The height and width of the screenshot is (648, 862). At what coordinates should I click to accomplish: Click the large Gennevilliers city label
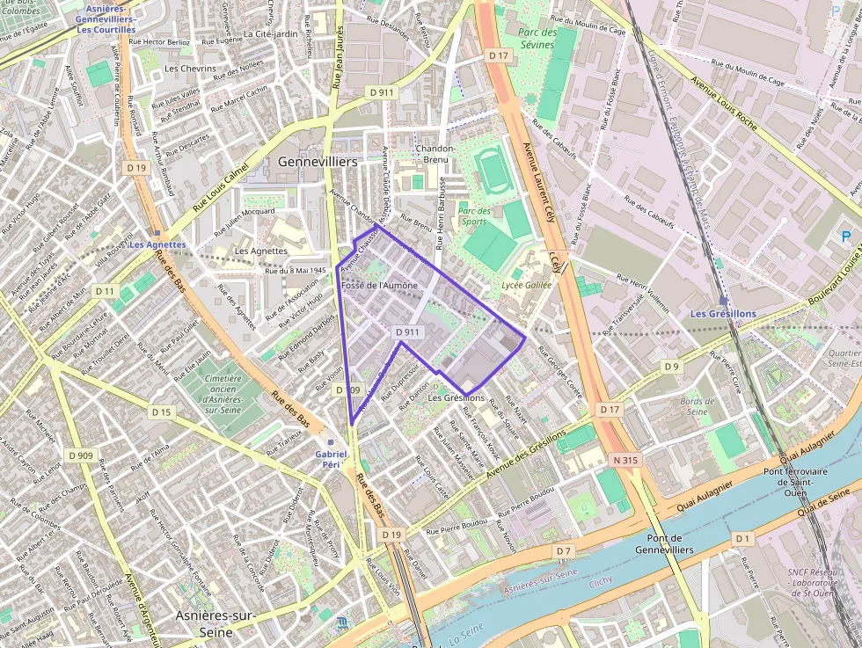tap(318, 163)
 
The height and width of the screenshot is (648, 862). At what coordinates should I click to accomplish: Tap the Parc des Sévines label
tap(537, 39)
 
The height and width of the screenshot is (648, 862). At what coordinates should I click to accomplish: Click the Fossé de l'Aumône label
tap(379, 286)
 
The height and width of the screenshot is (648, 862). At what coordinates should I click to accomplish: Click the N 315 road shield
tap(626, 460)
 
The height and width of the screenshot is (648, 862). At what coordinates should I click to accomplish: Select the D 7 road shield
tap(563, 550)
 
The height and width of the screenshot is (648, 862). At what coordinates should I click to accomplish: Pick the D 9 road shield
tap(672, 366)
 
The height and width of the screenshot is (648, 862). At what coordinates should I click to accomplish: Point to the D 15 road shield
tap(161, 411)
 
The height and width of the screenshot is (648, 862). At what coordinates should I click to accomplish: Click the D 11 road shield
tap(105, 291)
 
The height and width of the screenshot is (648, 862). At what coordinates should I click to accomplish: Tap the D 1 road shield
tap(743, 537)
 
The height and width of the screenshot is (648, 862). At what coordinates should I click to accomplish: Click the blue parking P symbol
tap(846, 237)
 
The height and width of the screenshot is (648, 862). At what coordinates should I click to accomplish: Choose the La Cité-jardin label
tap(270, 34)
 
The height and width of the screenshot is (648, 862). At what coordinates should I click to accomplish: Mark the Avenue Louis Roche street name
tap(724, 105)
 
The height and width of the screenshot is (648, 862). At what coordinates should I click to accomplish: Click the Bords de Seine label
tap(697, 406)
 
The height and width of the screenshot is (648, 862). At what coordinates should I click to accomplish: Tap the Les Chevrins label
tap(190, 69)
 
